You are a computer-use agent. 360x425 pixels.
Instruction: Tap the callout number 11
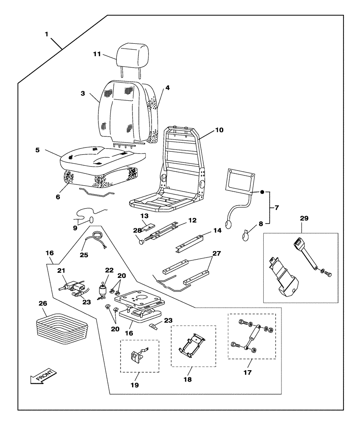point(98,54)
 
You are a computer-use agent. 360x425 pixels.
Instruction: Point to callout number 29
point(304,218)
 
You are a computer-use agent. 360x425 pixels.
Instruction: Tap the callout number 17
point(247,372)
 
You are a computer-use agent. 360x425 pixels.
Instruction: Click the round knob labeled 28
point(141,241)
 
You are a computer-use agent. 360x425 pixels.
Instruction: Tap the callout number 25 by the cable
point(84,255)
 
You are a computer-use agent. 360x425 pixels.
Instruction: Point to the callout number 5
point(37,150)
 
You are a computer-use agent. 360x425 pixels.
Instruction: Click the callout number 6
point(58,196)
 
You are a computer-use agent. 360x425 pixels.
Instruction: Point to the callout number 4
point(168,88)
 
